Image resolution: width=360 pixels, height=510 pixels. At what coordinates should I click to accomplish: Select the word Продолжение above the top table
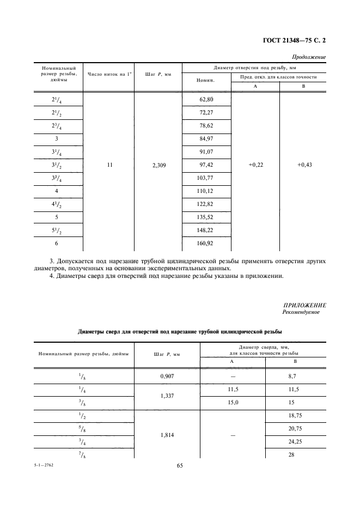309,57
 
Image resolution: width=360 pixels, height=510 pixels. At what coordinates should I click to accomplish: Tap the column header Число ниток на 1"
109,74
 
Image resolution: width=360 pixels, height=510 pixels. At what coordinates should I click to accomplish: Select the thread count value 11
109,165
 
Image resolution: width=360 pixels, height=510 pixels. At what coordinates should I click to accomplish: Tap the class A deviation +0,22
255,165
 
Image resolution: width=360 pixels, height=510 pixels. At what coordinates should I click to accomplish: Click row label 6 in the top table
57,243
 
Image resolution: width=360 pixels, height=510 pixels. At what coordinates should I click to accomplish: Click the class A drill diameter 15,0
232,403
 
